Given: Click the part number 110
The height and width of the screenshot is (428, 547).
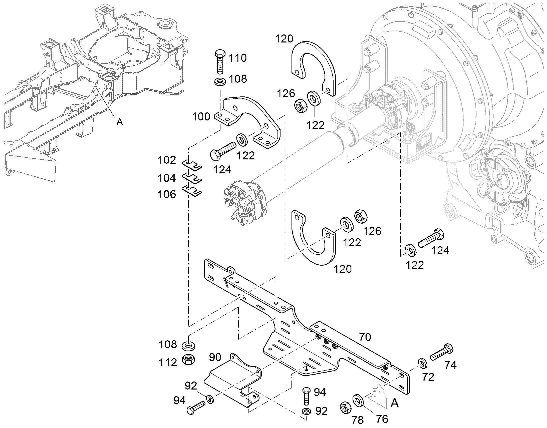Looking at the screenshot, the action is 238,58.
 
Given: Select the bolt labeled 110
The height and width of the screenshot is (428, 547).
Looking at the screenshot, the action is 220,62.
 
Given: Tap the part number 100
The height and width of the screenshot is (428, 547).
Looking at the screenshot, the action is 201,117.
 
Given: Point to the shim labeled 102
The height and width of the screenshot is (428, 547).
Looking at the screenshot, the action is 192,165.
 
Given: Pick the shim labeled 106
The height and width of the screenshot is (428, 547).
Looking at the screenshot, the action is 192,191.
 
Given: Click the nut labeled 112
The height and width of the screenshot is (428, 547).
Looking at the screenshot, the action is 188,360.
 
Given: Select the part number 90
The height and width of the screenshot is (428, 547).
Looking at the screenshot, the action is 215,357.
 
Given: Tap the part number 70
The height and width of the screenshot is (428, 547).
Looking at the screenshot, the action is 365,337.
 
